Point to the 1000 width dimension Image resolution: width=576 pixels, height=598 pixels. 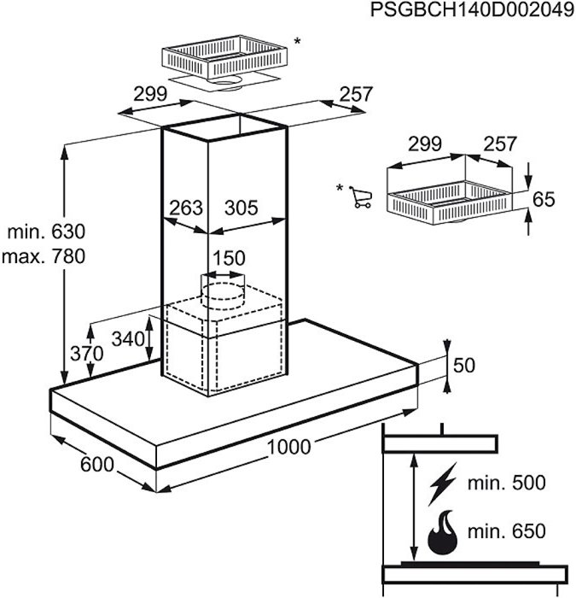(289, 446)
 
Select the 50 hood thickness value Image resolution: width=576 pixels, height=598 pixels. (463, 366)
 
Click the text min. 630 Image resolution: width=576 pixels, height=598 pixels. (47, 232)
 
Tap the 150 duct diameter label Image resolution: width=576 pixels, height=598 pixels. (229, 258)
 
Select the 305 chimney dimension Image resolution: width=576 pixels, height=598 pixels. (241, 208)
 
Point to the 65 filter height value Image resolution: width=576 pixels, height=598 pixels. (544, 200)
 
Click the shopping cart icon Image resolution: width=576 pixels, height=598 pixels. (362, 197)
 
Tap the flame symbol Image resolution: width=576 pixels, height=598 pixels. (441, 533)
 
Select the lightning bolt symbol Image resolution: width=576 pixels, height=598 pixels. (442, 483)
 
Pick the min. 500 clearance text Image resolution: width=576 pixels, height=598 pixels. (506, 484)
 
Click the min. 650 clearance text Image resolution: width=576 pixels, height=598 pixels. (506, 531)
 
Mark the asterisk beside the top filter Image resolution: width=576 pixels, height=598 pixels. (297, 40)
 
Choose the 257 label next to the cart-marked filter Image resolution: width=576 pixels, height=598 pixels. (500, 144)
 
